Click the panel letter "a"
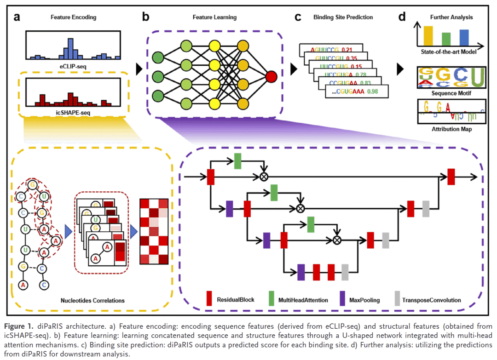pos(17,18)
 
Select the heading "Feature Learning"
pos(214,17)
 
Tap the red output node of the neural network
pos(271,76)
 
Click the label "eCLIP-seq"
pos(73,66)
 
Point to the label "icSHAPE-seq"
pos(73,112)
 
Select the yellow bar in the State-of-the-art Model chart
pos(428,34)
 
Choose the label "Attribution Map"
pos(445,129)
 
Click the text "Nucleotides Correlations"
pos(92,301)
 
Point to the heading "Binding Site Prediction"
pos(343,17)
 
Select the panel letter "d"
pos(402,18)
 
